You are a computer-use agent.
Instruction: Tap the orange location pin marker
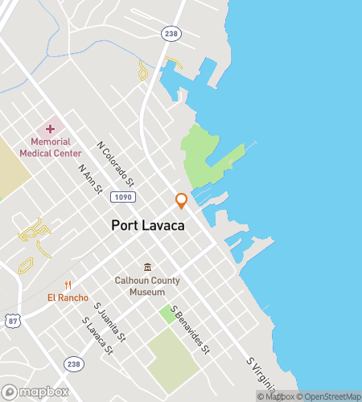coord(181,201)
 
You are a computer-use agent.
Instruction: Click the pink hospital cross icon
coord(50,129)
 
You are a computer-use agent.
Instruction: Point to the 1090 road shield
coord(124,197)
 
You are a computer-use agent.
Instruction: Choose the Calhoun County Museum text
coord(146,286)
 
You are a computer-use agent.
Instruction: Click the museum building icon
coord(147,267)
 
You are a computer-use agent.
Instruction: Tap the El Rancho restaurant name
coord(68,298)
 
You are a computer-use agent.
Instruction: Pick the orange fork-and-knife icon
coord(68,285)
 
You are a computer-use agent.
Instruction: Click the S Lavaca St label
coord(97,334)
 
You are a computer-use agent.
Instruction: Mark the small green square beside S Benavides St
coord(167,314)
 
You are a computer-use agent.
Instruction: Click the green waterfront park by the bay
coord(204,156)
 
